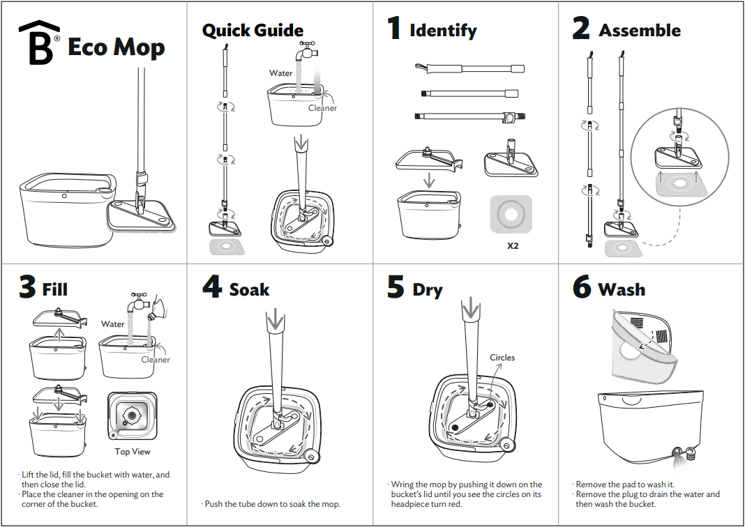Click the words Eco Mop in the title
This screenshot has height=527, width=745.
coord(116,47)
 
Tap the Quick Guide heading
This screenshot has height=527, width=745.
coord(253,31)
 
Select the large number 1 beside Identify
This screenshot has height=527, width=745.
coord(394,29)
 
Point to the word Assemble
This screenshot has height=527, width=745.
coord(640,31)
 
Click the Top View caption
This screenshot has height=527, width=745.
coord(133,452)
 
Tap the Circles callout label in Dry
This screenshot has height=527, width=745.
coord(502,358)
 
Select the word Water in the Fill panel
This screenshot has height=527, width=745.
coord(113,324)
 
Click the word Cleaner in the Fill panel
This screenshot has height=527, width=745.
coord(156,360)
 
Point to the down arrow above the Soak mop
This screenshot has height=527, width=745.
coord(276,321)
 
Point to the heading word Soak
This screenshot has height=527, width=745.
coord(249,289)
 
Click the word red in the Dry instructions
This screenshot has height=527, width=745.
coord(455,504)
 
